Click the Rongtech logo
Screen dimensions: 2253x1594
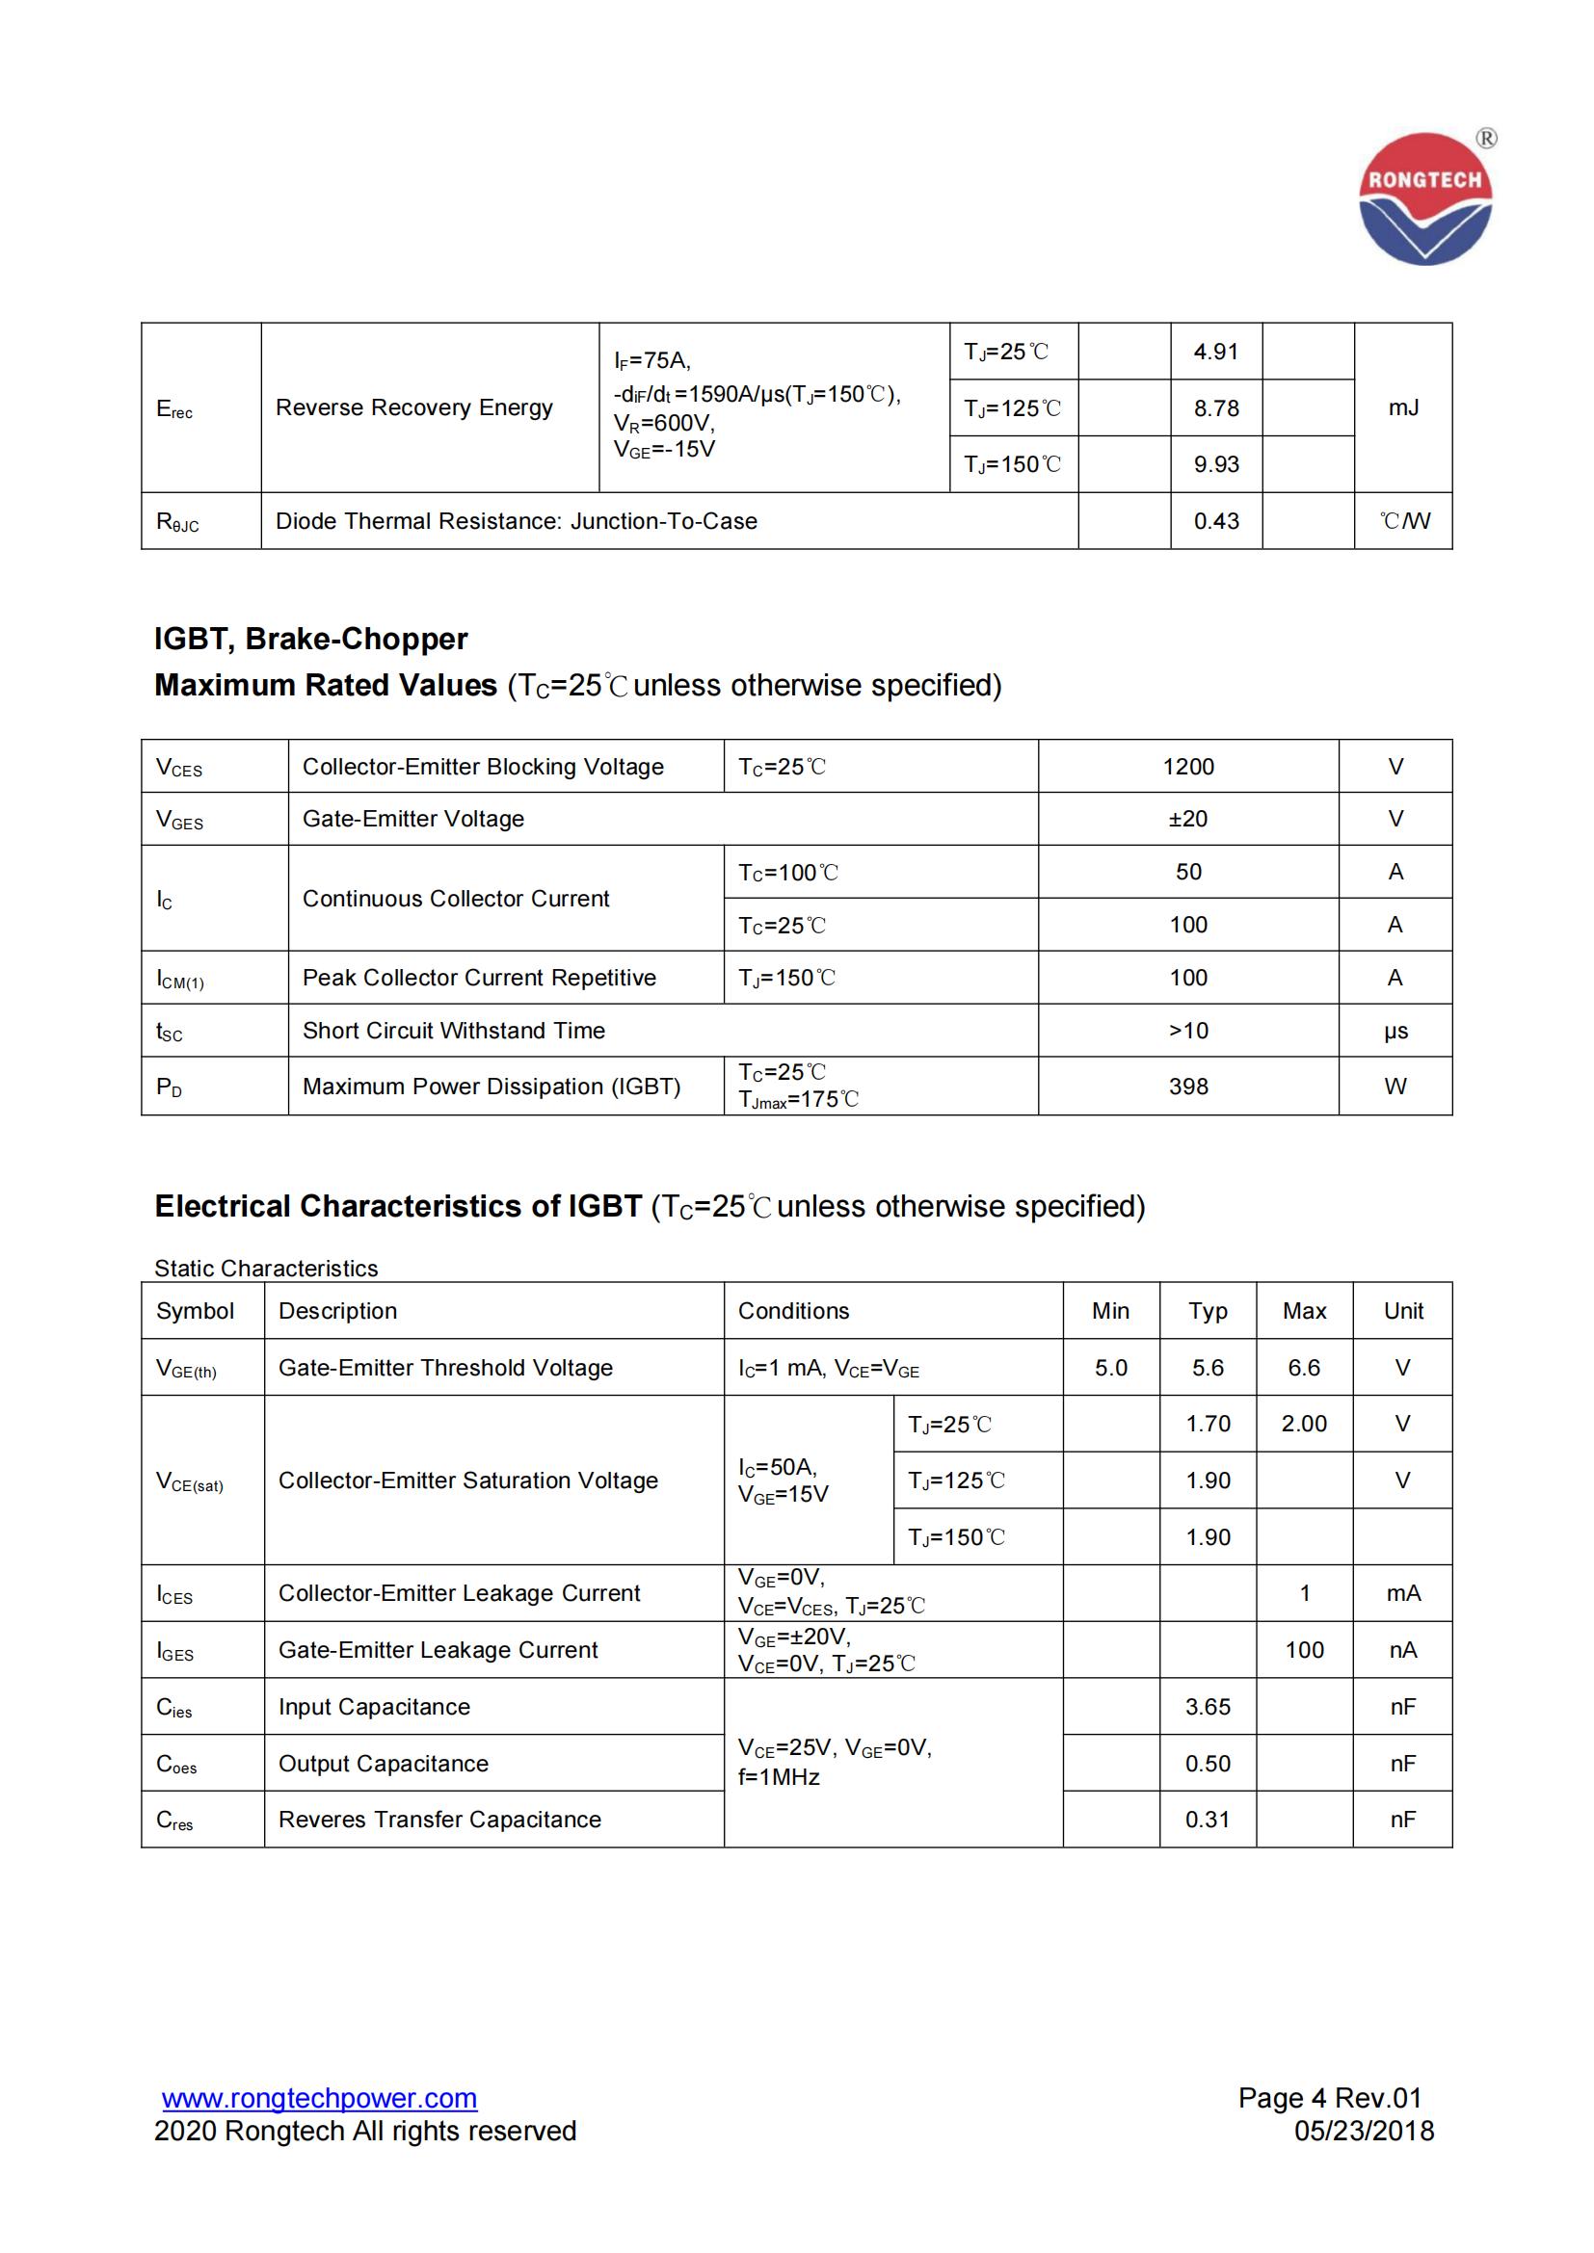pos(1425,198)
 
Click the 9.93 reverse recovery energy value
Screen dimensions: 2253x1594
pos(1216,464)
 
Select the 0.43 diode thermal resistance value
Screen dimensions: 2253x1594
pos(1216,521)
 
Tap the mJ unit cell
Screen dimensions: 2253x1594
pos(1402,407)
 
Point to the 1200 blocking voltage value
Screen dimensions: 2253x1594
pos(1187,767)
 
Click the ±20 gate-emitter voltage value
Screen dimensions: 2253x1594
pos(1187,819)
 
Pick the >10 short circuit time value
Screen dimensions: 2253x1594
pos(1187,1031)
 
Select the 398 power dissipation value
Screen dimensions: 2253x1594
pos(1187,1087)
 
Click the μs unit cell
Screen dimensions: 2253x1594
pos(1395,1031)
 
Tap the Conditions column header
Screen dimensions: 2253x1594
pos(793,1311)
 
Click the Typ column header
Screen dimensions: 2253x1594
pos(1208,1311)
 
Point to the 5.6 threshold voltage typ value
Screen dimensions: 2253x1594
pos(1208,1368)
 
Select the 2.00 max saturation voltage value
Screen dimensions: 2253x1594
pos(1304,1424)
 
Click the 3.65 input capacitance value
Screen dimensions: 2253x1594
pos(1208,1707)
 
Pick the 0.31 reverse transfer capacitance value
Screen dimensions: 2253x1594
pos(1208,1820)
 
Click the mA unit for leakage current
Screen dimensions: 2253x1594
pos(1402,1593)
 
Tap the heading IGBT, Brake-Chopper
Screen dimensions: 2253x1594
pos(311,639)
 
